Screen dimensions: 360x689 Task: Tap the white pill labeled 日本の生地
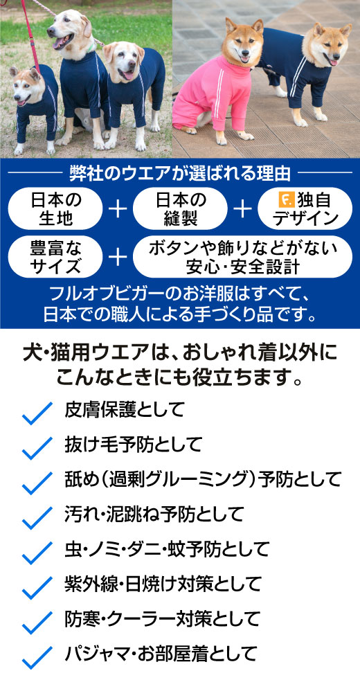(x=55, y=208)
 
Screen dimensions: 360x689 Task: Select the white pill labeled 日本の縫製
(x=180, y=208)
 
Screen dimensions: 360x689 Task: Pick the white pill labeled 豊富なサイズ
(x=55, y=257)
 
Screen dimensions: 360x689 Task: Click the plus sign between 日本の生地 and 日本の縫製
(x=118, y=209)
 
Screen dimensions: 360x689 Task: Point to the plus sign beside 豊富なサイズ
(x=118, y=258)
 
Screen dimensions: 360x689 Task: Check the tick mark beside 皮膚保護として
(x=37, y=413)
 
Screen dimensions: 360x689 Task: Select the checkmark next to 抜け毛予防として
(x=37, y=448)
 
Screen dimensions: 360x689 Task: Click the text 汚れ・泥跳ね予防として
(x=154, y=514)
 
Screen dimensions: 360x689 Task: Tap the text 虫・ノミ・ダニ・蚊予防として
(x=167, y=549)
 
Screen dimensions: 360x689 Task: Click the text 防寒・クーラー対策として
(x=163, y=619)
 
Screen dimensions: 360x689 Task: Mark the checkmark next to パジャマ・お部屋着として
(x=37, y=657)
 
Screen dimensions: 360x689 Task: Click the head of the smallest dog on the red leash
(x=27, y=86)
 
